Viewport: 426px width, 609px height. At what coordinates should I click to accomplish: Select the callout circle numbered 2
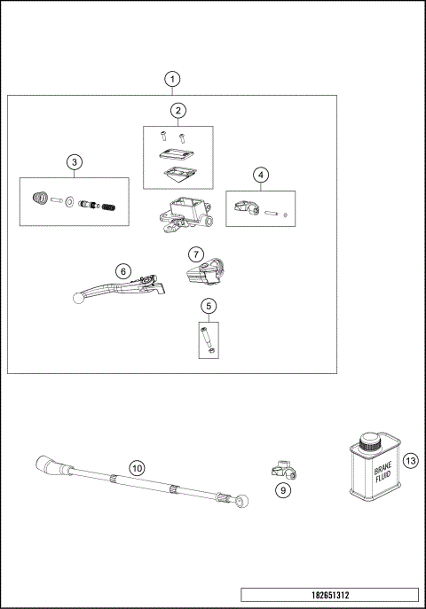[x=178, y=111]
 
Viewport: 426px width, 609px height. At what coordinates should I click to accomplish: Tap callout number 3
[x=75, y=162]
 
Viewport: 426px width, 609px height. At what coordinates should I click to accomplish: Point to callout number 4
[x=260, y=175]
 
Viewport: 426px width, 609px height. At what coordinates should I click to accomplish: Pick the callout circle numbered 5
[x=209, y=307]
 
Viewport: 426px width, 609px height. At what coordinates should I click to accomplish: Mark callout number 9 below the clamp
[x=282, y=488]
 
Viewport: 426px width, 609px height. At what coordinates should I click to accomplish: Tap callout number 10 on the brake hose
[x=136, y=467]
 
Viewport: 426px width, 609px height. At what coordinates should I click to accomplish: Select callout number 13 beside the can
[x=409, y=461]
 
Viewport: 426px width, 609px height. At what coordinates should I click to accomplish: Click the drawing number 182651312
[x=328, y=594]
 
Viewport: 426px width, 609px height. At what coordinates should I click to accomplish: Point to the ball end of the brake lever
[x=78, y=299]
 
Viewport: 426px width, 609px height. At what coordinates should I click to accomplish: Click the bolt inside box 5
[x=209, y=339]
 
